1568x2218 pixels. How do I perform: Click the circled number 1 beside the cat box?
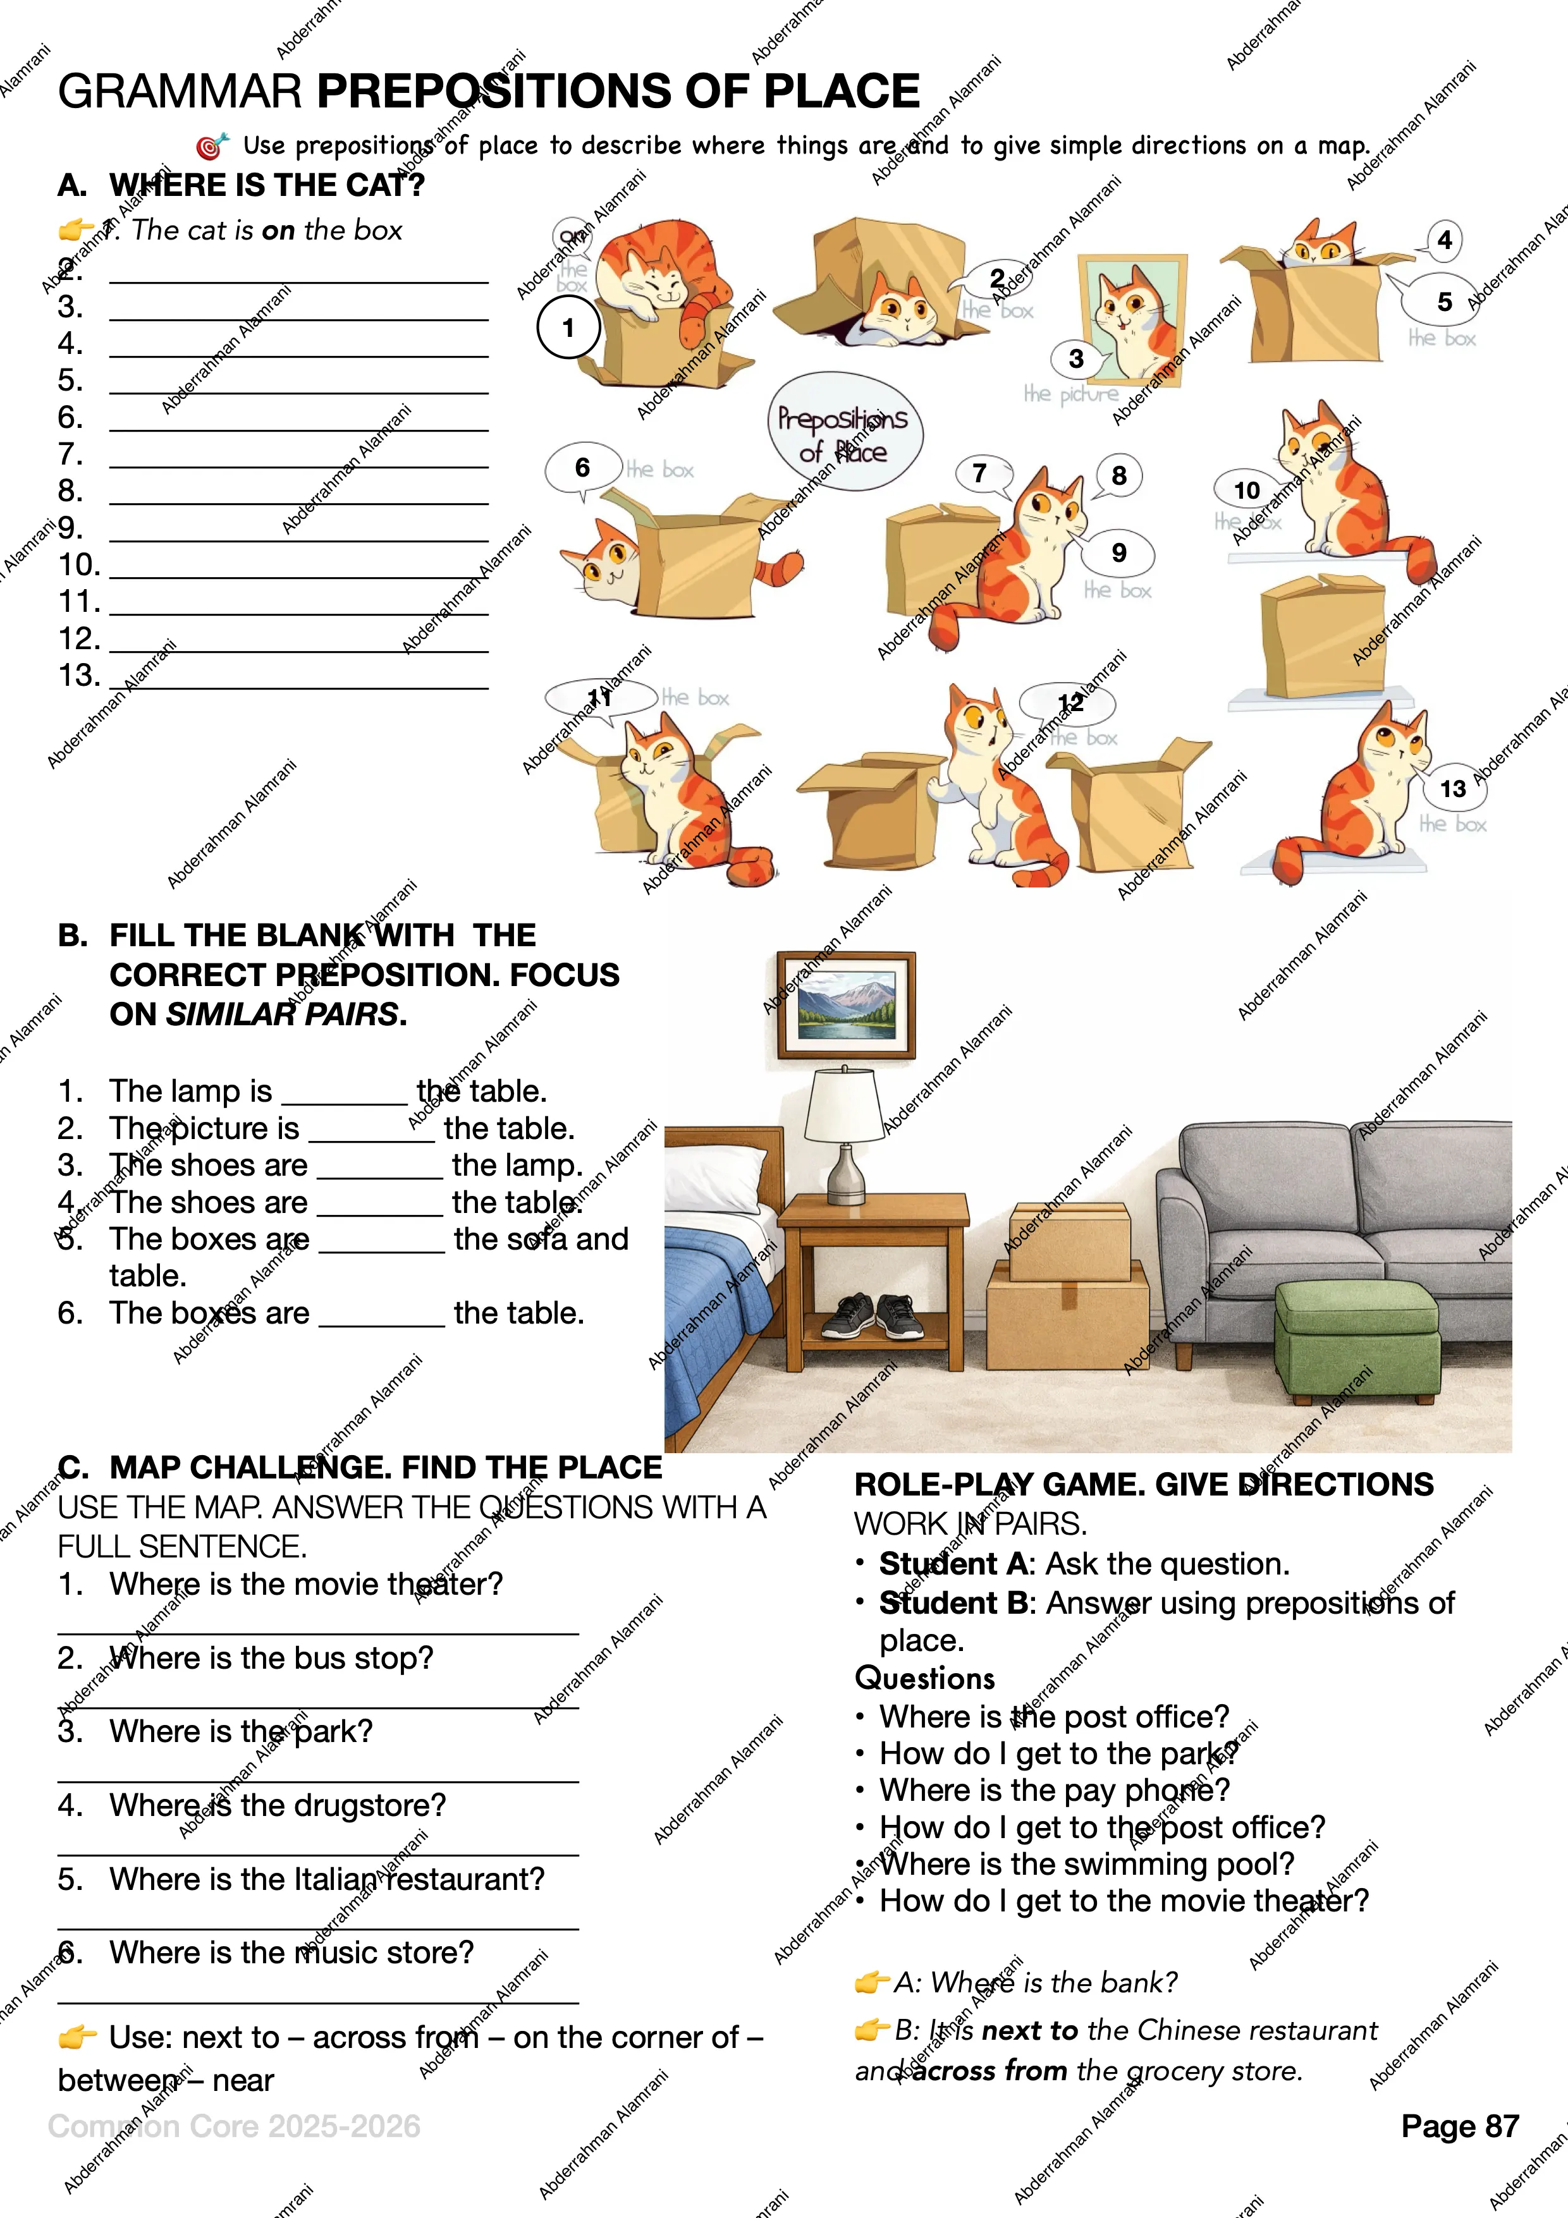pyautogui.click(x=568, y=327)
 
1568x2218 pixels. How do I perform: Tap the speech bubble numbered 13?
pyautogui.click(x=1452, y=788)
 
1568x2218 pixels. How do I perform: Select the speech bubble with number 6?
pyautogui.click(x=582, y=468)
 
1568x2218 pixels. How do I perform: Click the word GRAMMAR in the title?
pyautogui.click(x=181, y=92)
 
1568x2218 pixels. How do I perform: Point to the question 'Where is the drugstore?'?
pyautogui.click(x=278, y=1805)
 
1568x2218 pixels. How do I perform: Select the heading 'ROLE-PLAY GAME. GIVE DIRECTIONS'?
pyautogui.click(x=1144, y=1484)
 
